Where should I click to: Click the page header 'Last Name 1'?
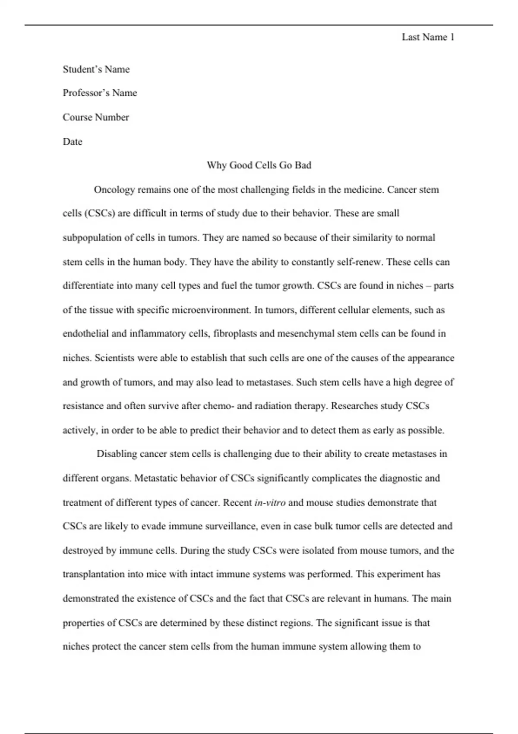point(428,38)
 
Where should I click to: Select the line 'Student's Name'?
point(96,70)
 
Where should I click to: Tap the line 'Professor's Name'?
point(100,93)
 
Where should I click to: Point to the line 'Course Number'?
point(96,117)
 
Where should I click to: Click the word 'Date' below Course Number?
point(72,142)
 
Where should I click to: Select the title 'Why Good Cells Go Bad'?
point(259,165)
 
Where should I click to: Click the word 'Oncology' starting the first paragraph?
point(114,190)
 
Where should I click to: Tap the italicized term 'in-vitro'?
point(270,503)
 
